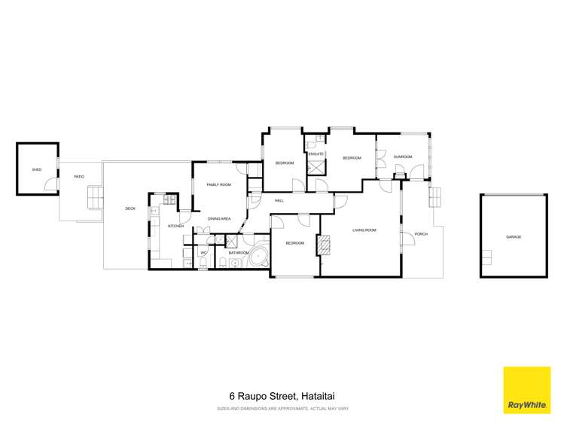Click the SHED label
click(x=36, y=170)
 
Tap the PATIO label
click(x=78, y=177)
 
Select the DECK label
click(x=130, y=208)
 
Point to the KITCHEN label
click(x=175, y=226)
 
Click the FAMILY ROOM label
click(x=218, y=184)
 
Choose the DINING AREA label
click(x=218, y=218)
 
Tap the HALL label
click(x=279, y=200)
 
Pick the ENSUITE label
click(x=316, y=154)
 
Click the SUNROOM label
click(x=404, y=157)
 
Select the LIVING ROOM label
click(x=364, y=230)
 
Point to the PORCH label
click(x=421, y=234)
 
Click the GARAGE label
click(x=514, y=237)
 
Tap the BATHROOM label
click(x=239, y=253)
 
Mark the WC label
click(x=203, y=253)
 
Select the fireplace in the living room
click(x=325, y=245)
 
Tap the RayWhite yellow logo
click(x=527, y=390)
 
